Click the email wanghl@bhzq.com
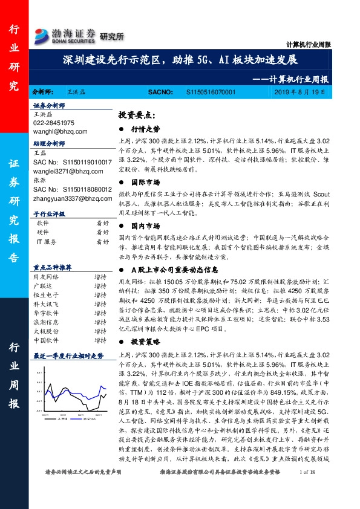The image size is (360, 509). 61,130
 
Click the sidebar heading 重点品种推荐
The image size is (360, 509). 53,267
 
